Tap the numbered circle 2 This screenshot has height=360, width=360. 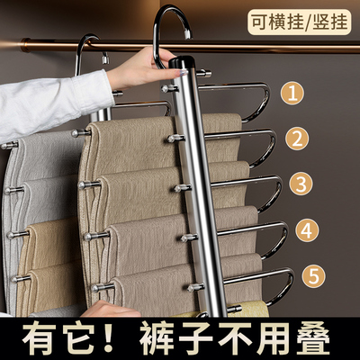[294, 139]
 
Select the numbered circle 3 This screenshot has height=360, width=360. [298, 184]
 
